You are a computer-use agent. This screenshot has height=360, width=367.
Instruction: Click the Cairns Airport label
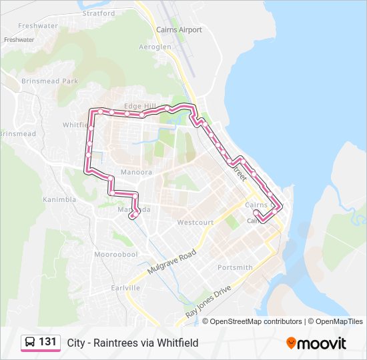[178, 30]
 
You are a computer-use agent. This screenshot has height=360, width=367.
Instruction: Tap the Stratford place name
[99, 13]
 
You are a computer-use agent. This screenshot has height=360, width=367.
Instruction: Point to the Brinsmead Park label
[49, 81]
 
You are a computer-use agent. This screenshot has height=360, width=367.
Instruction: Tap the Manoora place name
[136, 172]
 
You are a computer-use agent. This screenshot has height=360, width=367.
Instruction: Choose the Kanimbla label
[59, 199]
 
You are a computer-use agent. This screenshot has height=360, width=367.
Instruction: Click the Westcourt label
[195, 222]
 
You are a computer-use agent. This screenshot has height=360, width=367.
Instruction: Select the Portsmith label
[235, 267]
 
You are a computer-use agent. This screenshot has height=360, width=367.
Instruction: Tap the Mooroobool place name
[115, 255]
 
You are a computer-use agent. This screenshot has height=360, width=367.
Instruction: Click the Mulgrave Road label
[171, 263]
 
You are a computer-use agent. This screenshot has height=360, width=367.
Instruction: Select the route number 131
[47, 342]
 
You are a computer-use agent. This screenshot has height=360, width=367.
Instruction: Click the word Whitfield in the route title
[177, 343]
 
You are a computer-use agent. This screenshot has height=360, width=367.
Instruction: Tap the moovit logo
[316, 343]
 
